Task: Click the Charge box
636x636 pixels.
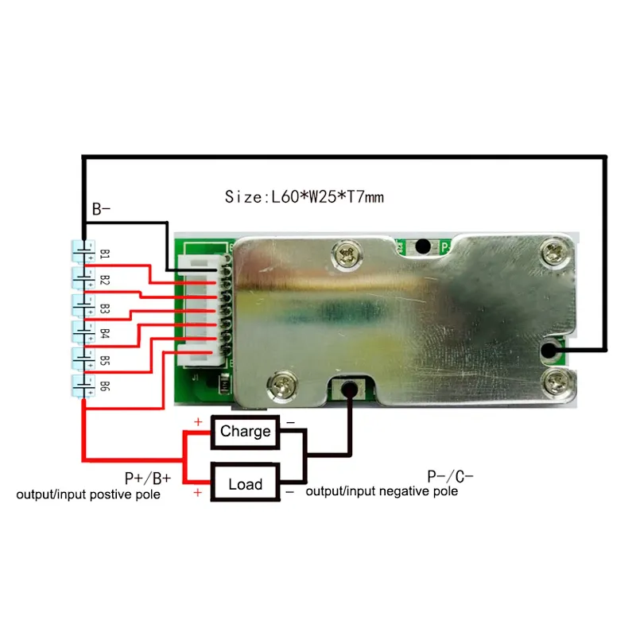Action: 246,432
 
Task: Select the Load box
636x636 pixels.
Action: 246,483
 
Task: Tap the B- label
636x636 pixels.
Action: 101,209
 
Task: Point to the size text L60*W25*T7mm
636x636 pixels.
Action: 304,197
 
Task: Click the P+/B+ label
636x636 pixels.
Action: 148,479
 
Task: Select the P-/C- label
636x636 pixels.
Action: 450,476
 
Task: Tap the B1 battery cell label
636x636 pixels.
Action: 105,254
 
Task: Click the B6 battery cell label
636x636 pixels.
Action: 105,386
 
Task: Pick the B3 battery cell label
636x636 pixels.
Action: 105,308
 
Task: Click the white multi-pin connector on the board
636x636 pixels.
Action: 202,310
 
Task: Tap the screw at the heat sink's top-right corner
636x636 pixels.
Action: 553,254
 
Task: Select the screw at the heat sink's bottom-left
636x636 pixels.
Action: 282,382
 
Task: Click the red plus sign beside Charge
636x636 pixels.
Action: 198,422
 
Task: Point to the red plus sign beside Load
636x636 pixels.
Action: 197,492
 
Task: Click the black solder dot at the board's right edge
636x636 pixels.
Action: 549,350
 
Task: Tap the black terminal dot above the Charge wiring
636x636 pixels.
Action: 349,390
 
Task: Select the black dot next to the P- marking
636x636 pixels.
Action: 423,246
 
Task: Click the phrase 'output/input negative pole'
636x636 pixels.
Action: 382,491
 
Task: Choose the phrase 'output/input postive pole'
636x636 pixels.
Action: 88,494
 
